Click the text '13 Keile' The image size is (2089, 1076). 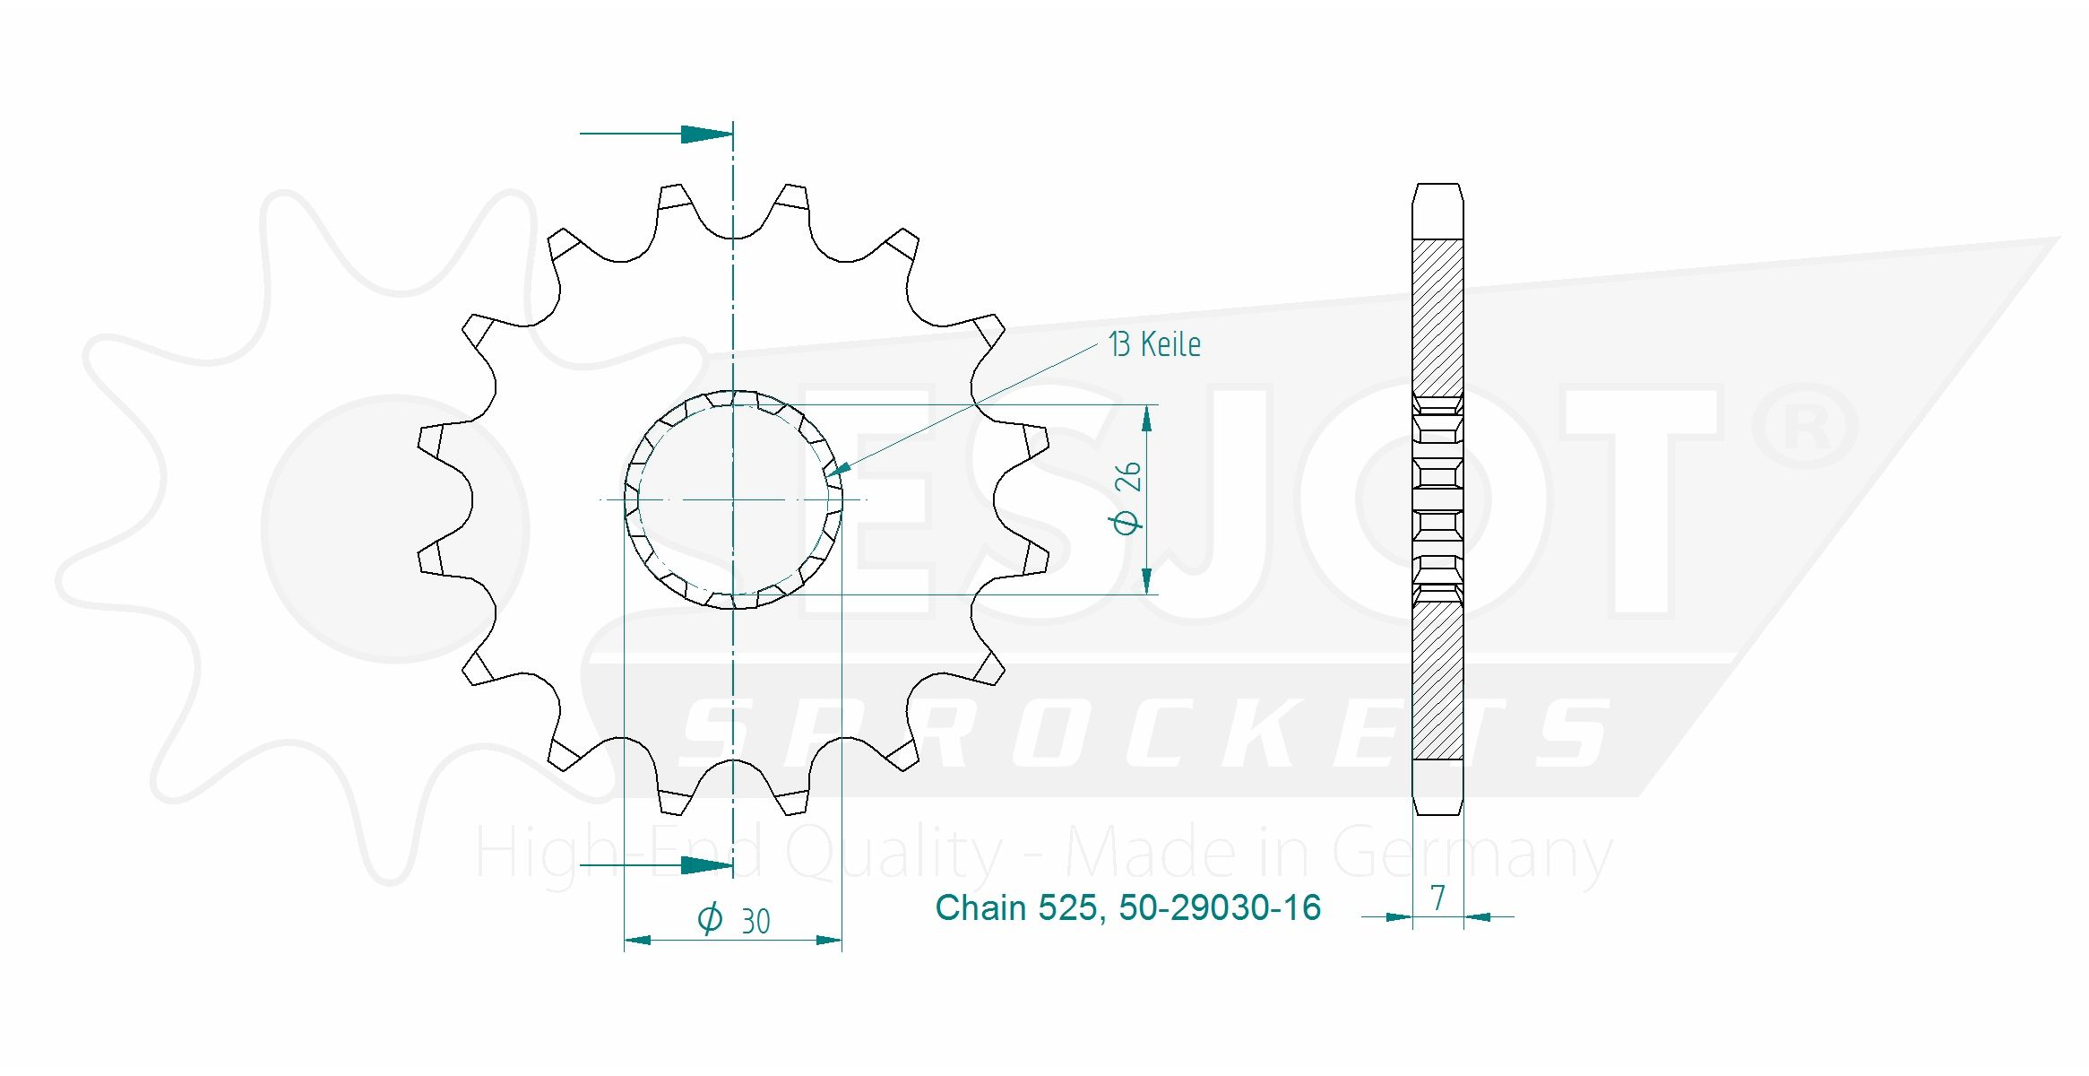coord(1154,344)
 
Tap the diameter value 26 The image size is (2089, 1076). coord(1127,476)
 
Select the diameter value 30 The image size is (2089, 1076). coord(755,922)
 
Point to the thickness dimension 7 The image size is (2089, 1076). coord(1438,898)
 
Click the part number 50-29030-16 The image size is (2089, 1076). coord(1220,907)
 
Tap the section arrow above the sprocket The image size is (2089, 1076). coord(656,134)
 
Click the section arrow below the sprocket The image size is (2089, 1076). coord(656,865)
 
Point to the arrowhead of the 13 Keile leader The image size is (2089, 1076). coord(834,469)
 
